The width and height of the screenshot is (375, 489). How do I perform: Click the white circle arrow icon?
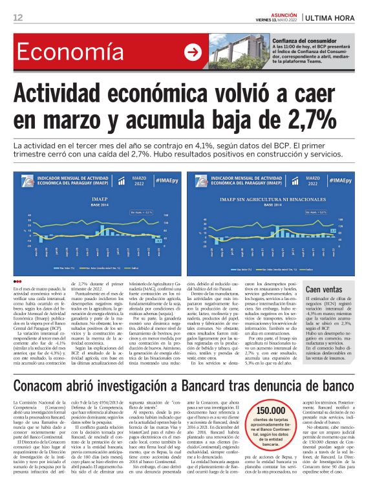click(x=192, y=52)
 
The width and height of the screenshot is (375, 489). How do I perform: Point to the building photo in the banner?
click(x=239, y=52)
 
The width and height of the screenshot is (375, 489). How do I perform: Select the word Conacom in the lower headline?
click(x=42, y=369)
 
